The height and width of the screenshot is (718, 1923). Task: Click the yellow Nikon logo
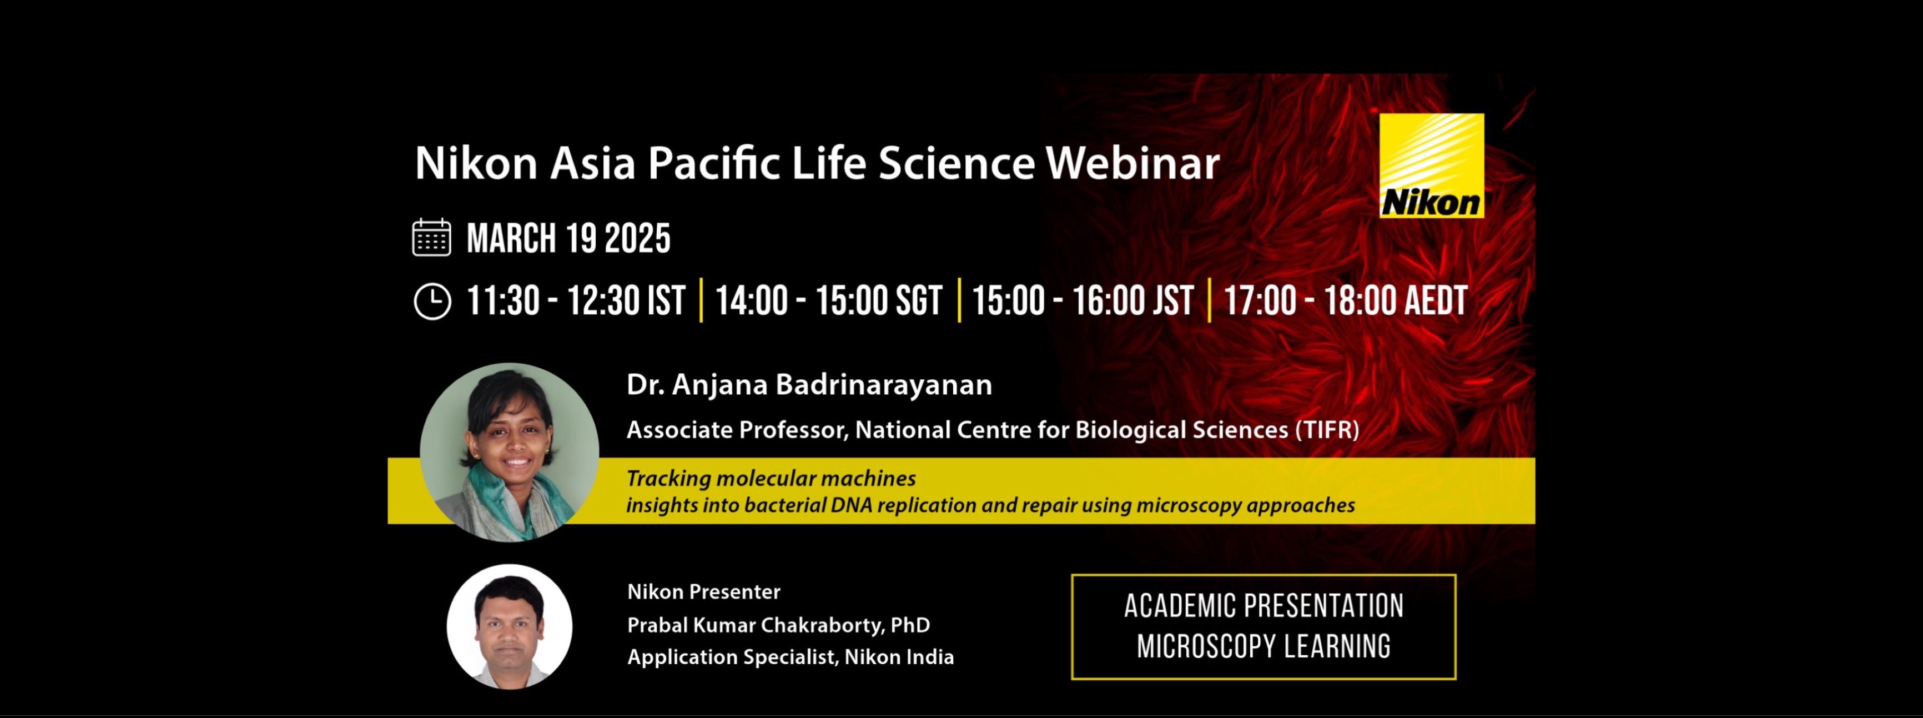[1431, 165]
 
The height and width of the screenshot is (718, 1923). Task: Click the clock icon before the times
[432, 302]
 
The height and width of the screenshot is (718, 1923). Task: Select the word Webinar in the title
[1132, 163]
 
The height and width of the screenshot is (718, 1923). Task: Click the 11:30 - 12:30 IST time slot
[576, 301]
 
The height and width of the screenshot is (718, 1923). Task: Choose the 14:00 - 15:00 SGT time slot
[829, 301]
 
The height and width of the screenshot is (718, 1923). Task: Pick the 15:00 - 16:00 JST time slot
[1083, 301]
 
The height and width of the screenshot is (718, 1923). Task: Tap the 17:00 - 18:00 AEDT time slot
[1345, 301]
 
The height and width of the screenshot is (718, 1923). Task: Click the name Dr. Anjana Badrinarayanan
[809, 384]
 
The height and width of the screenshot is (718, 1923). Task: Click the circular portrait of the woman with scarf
[509, 453]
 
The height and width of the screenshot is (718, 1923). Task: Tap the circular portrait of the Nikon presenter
[510, 626]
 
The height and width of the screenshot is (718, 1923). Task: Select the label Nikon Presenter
[704, 592]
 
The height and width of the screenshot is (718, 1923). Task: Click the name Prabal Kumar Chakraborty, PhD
[779, 625]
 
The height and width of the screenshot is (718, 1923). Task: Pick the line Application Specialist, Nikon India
[791, 657]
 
